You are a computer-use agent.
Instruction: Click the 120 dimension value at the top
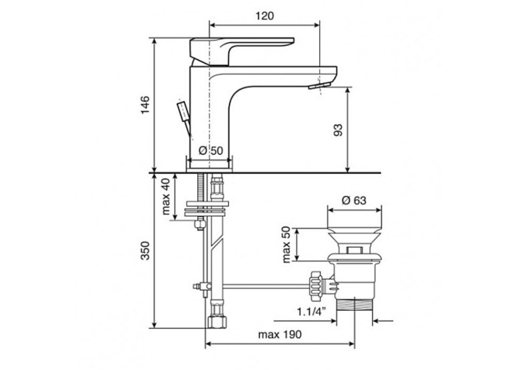click(x=264, y=16)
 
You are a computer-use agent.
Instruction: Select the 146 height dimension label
click(x=145, y=105)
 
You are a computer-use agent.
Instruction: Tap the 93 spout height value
click(x=338, y=129)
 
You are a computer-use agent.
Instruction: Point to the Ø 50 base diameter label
click(x=211, y=151)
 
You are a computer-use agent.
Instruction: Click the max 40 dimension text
click(x=166, y=196)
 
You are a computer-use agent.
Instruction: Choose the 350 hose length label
click(x=145, y=250)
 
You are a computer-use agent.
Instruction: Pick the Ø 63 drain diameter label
click(x=354, y=201)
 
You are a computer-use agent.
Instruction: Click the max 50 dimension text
click(x=287, y=244)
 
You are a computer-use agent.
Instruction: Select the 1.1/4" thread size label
click(x=312, y=311)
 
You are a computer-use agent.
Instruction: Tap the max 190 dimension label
click(x=280, y=334)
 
